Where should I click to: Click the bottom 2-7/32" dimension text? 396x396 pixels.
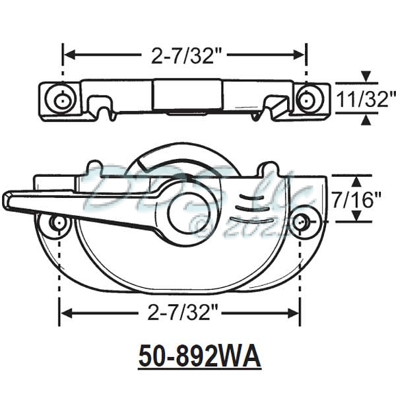(180, 310)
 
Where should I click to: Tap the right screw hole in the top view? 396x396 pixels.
(306, 100)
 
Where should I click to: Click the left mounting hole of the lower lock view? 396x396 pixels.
(59, 223)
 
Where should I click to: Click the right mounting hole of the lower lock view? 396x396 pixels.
(301, 222)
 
